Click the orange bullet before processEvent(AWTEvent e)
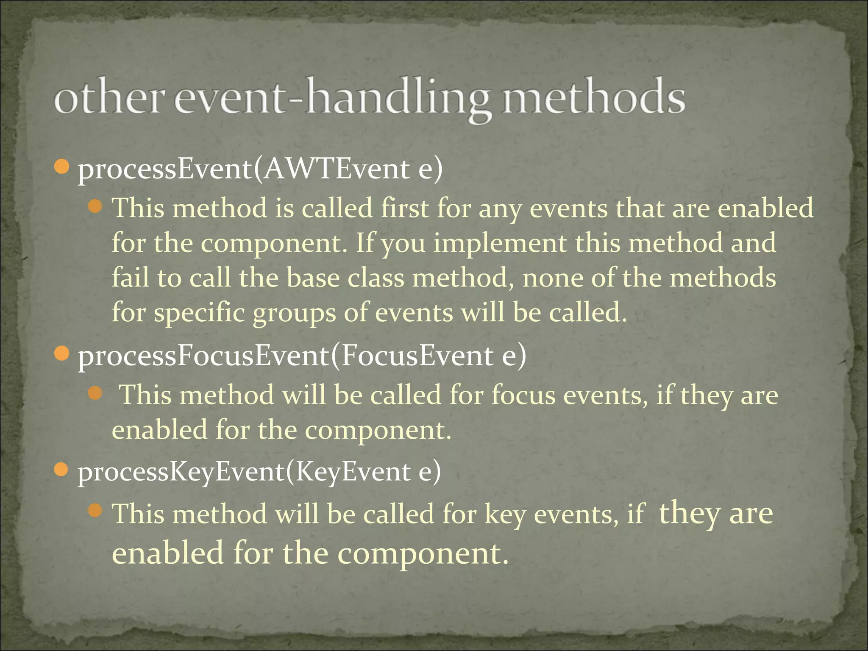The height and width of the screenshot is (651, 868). (x=62, y=167)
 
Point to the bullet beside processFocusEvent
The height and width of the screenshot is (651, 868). (x=62, y=353)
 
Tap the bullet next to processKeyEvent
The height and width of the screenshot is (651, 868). (x=62, y=470)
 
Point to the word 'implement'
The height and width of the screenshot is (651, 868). (x=500, y=243)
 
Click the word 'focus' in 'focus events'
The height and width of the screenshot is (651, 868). (x=523, y=395)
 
